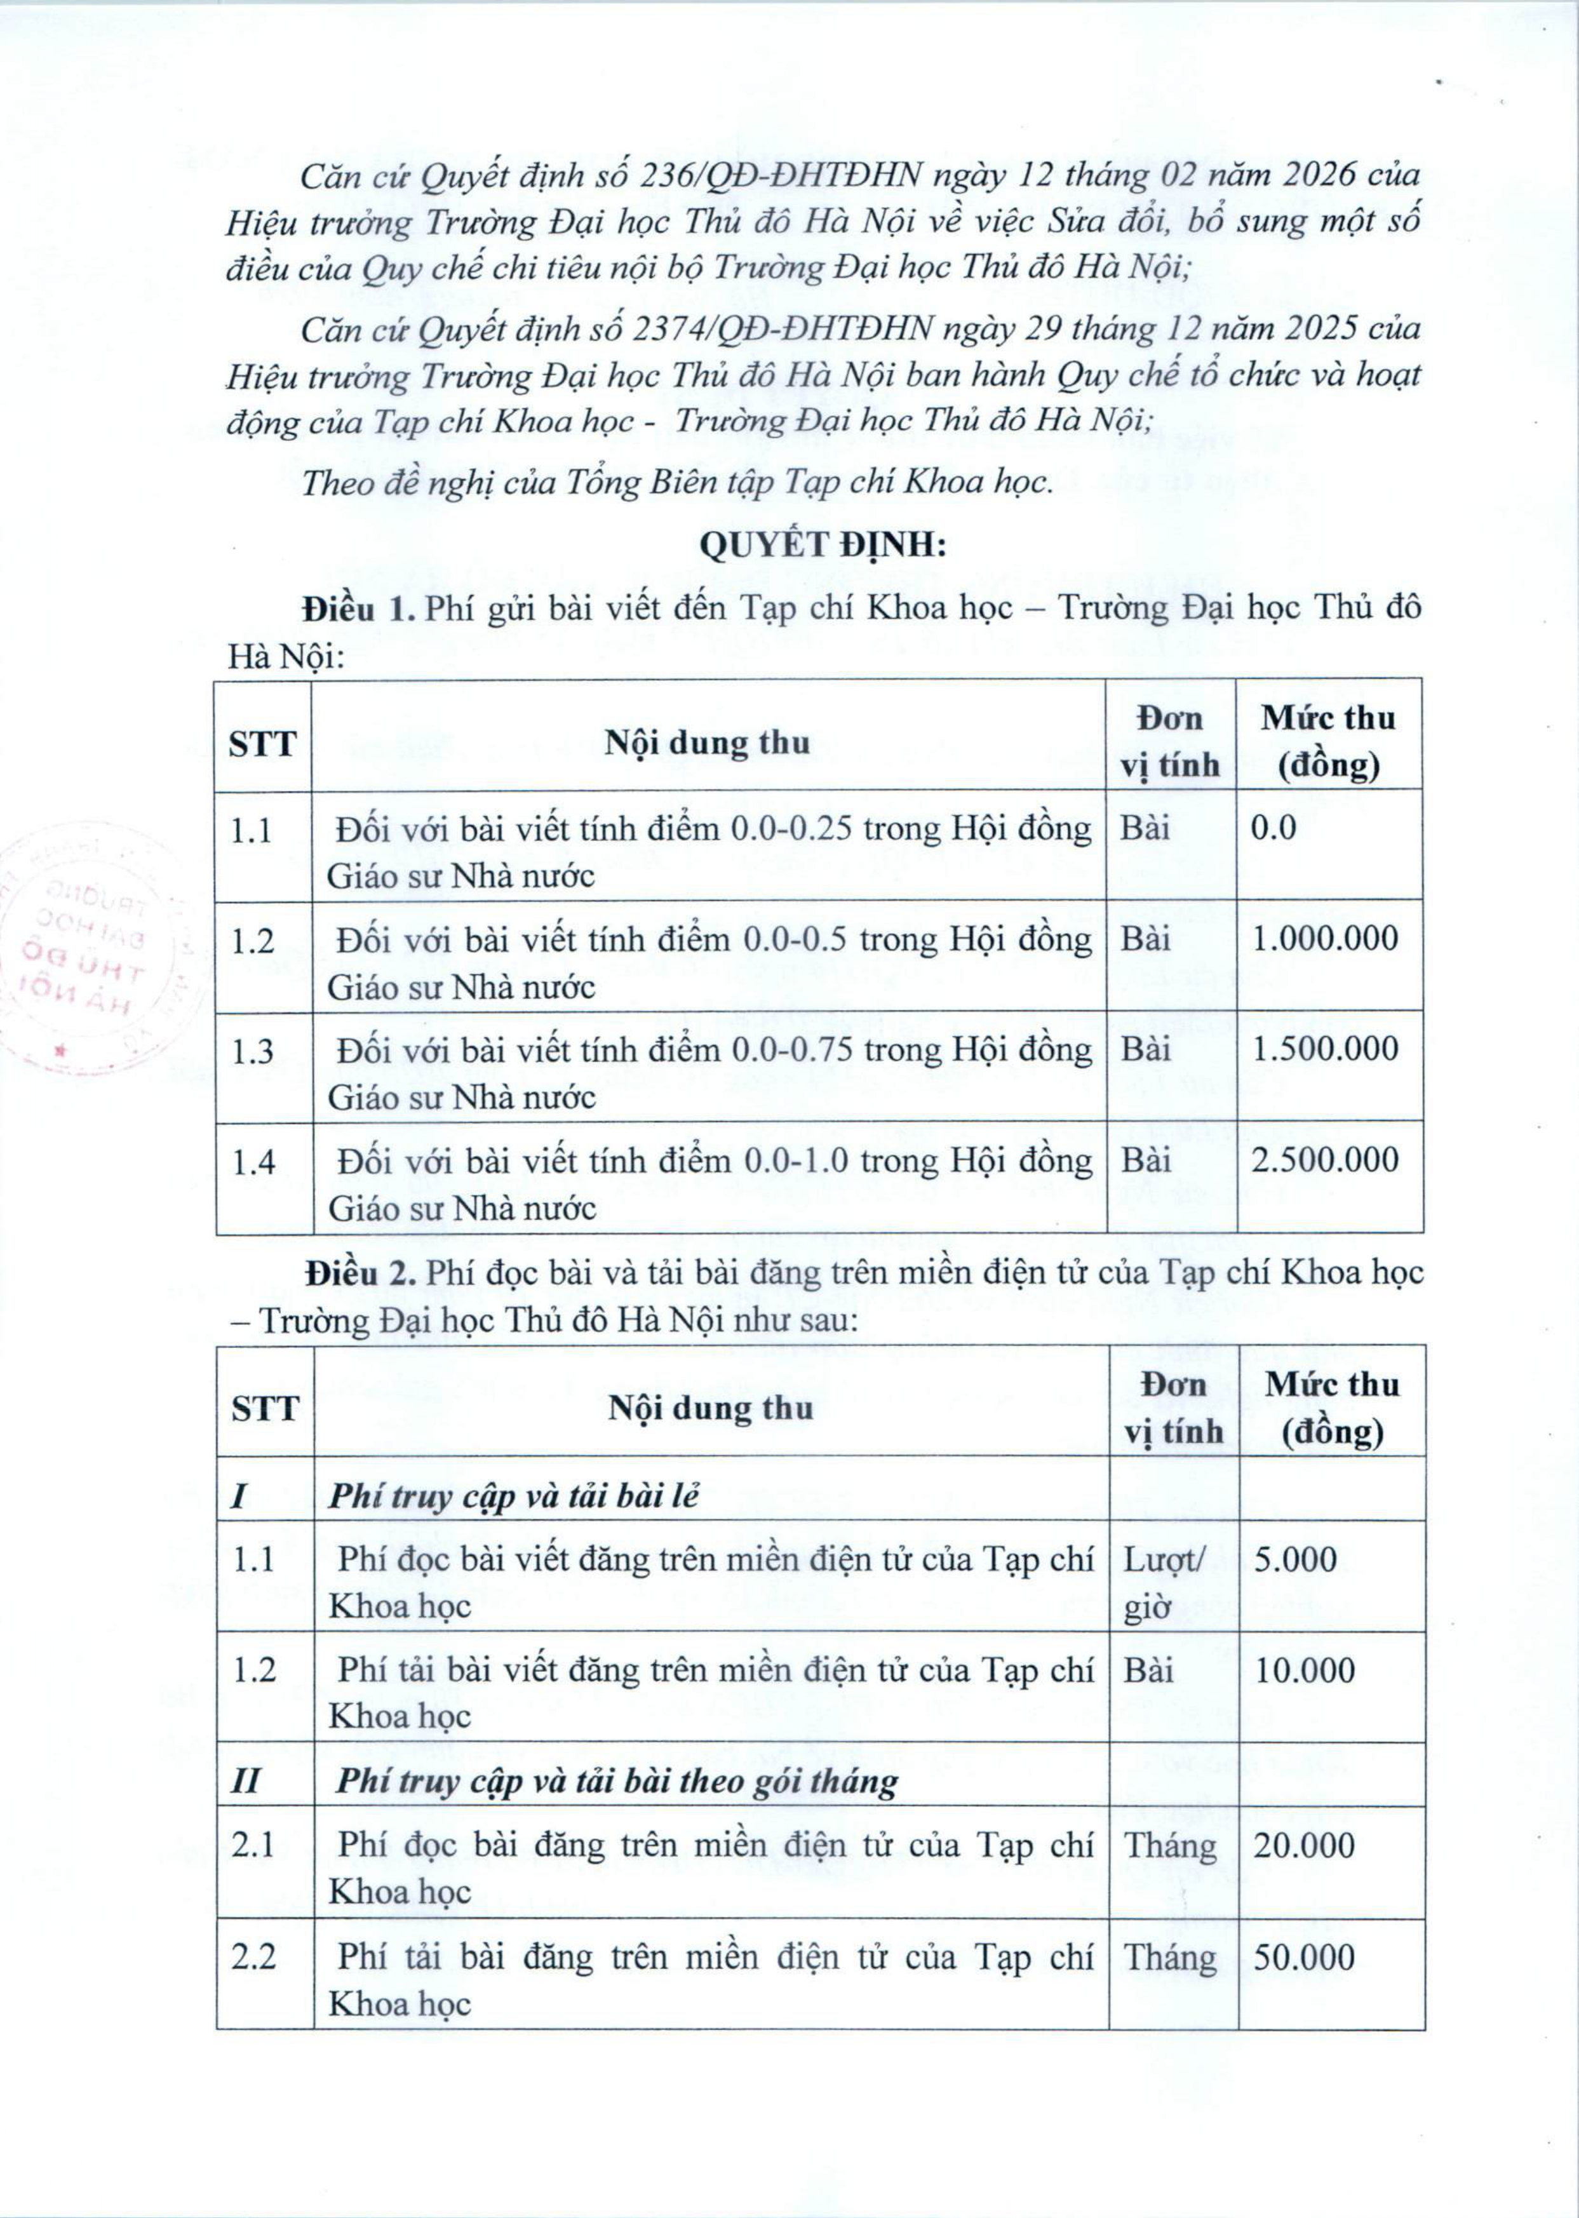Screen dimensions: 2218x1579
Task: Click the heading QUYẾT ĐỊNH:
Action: (x=823, y=546)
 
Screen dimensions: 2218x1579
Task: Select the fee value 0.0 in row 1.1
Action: (x=1273, y=828)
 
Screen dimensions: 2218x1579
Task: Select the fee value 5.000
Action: (x=1295, y=1560)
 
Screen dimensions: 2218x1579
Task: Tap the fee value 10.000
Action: (x=1304, y=1670)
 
